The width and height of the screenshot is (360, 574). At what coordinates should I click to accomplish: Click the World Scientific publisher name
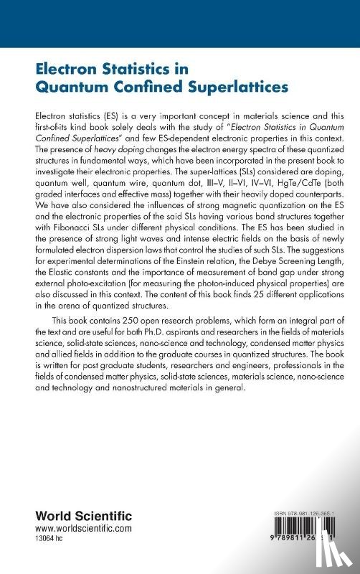(61, 515)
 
